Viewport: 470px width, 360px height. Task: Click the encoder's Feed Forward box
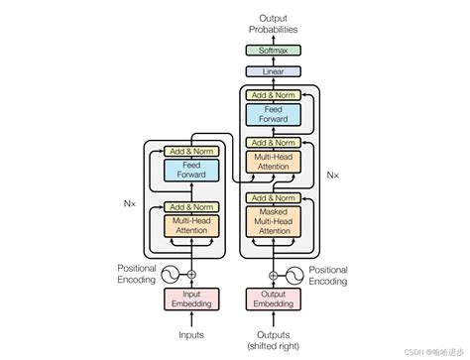[x=191, y=171]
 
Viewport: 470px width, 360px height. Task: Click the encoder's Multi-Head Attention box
[x=191, y=225]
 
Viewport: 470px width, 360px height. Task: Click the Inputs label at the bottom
[x=191, y=334]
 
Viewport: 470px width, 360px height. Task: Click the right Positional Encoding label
[x=328, y=274]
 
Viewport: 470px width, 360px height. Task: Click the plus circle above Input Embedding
[x=191, y=274]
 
